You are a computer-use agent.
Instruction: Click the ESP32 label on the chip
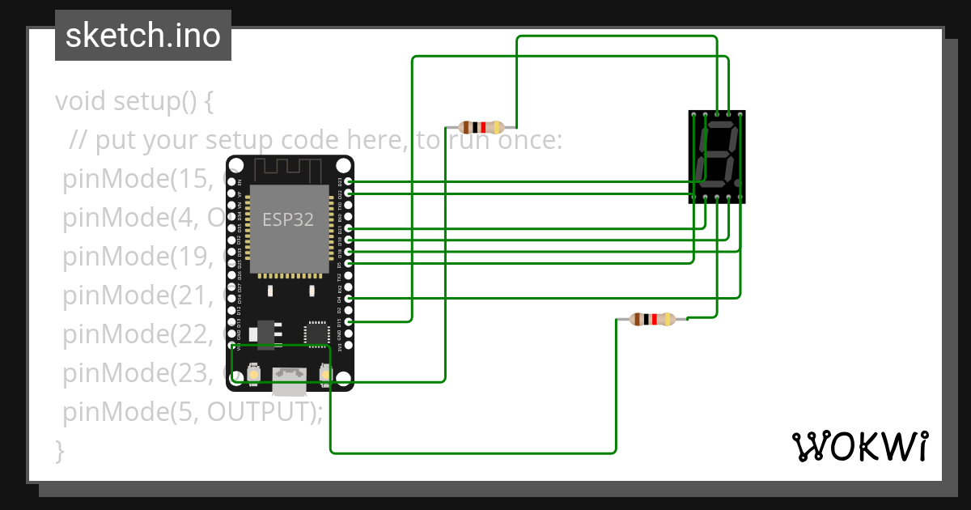(x=287, y=219)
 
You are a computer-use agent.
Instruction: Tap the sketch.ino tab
(x=143, y=36)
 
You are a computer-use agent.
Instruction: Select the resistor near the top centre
(x=482, y=126)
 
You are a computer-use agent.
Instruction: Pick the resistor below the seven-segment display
(x=652, y=319)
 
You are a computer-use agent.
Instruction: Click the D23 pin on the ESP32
(x=349, y=181)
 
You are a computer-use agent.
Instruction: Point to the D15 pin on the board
(x=349, y=322)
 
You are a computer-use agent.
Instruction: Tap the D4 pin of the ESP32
(x=349, y=299)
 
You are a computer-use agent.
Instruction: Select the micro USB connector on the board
(x=289, y=374)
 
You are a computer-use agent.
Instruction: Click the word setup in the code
(x=146, y=102)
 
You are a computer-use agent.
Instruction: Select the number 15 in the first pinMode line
(x=193, y=179)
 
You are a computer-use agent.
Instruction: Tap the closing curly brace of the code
(x=59, y=450)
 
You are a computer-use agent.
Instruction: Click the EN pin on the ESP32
(x=231, y=181)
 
